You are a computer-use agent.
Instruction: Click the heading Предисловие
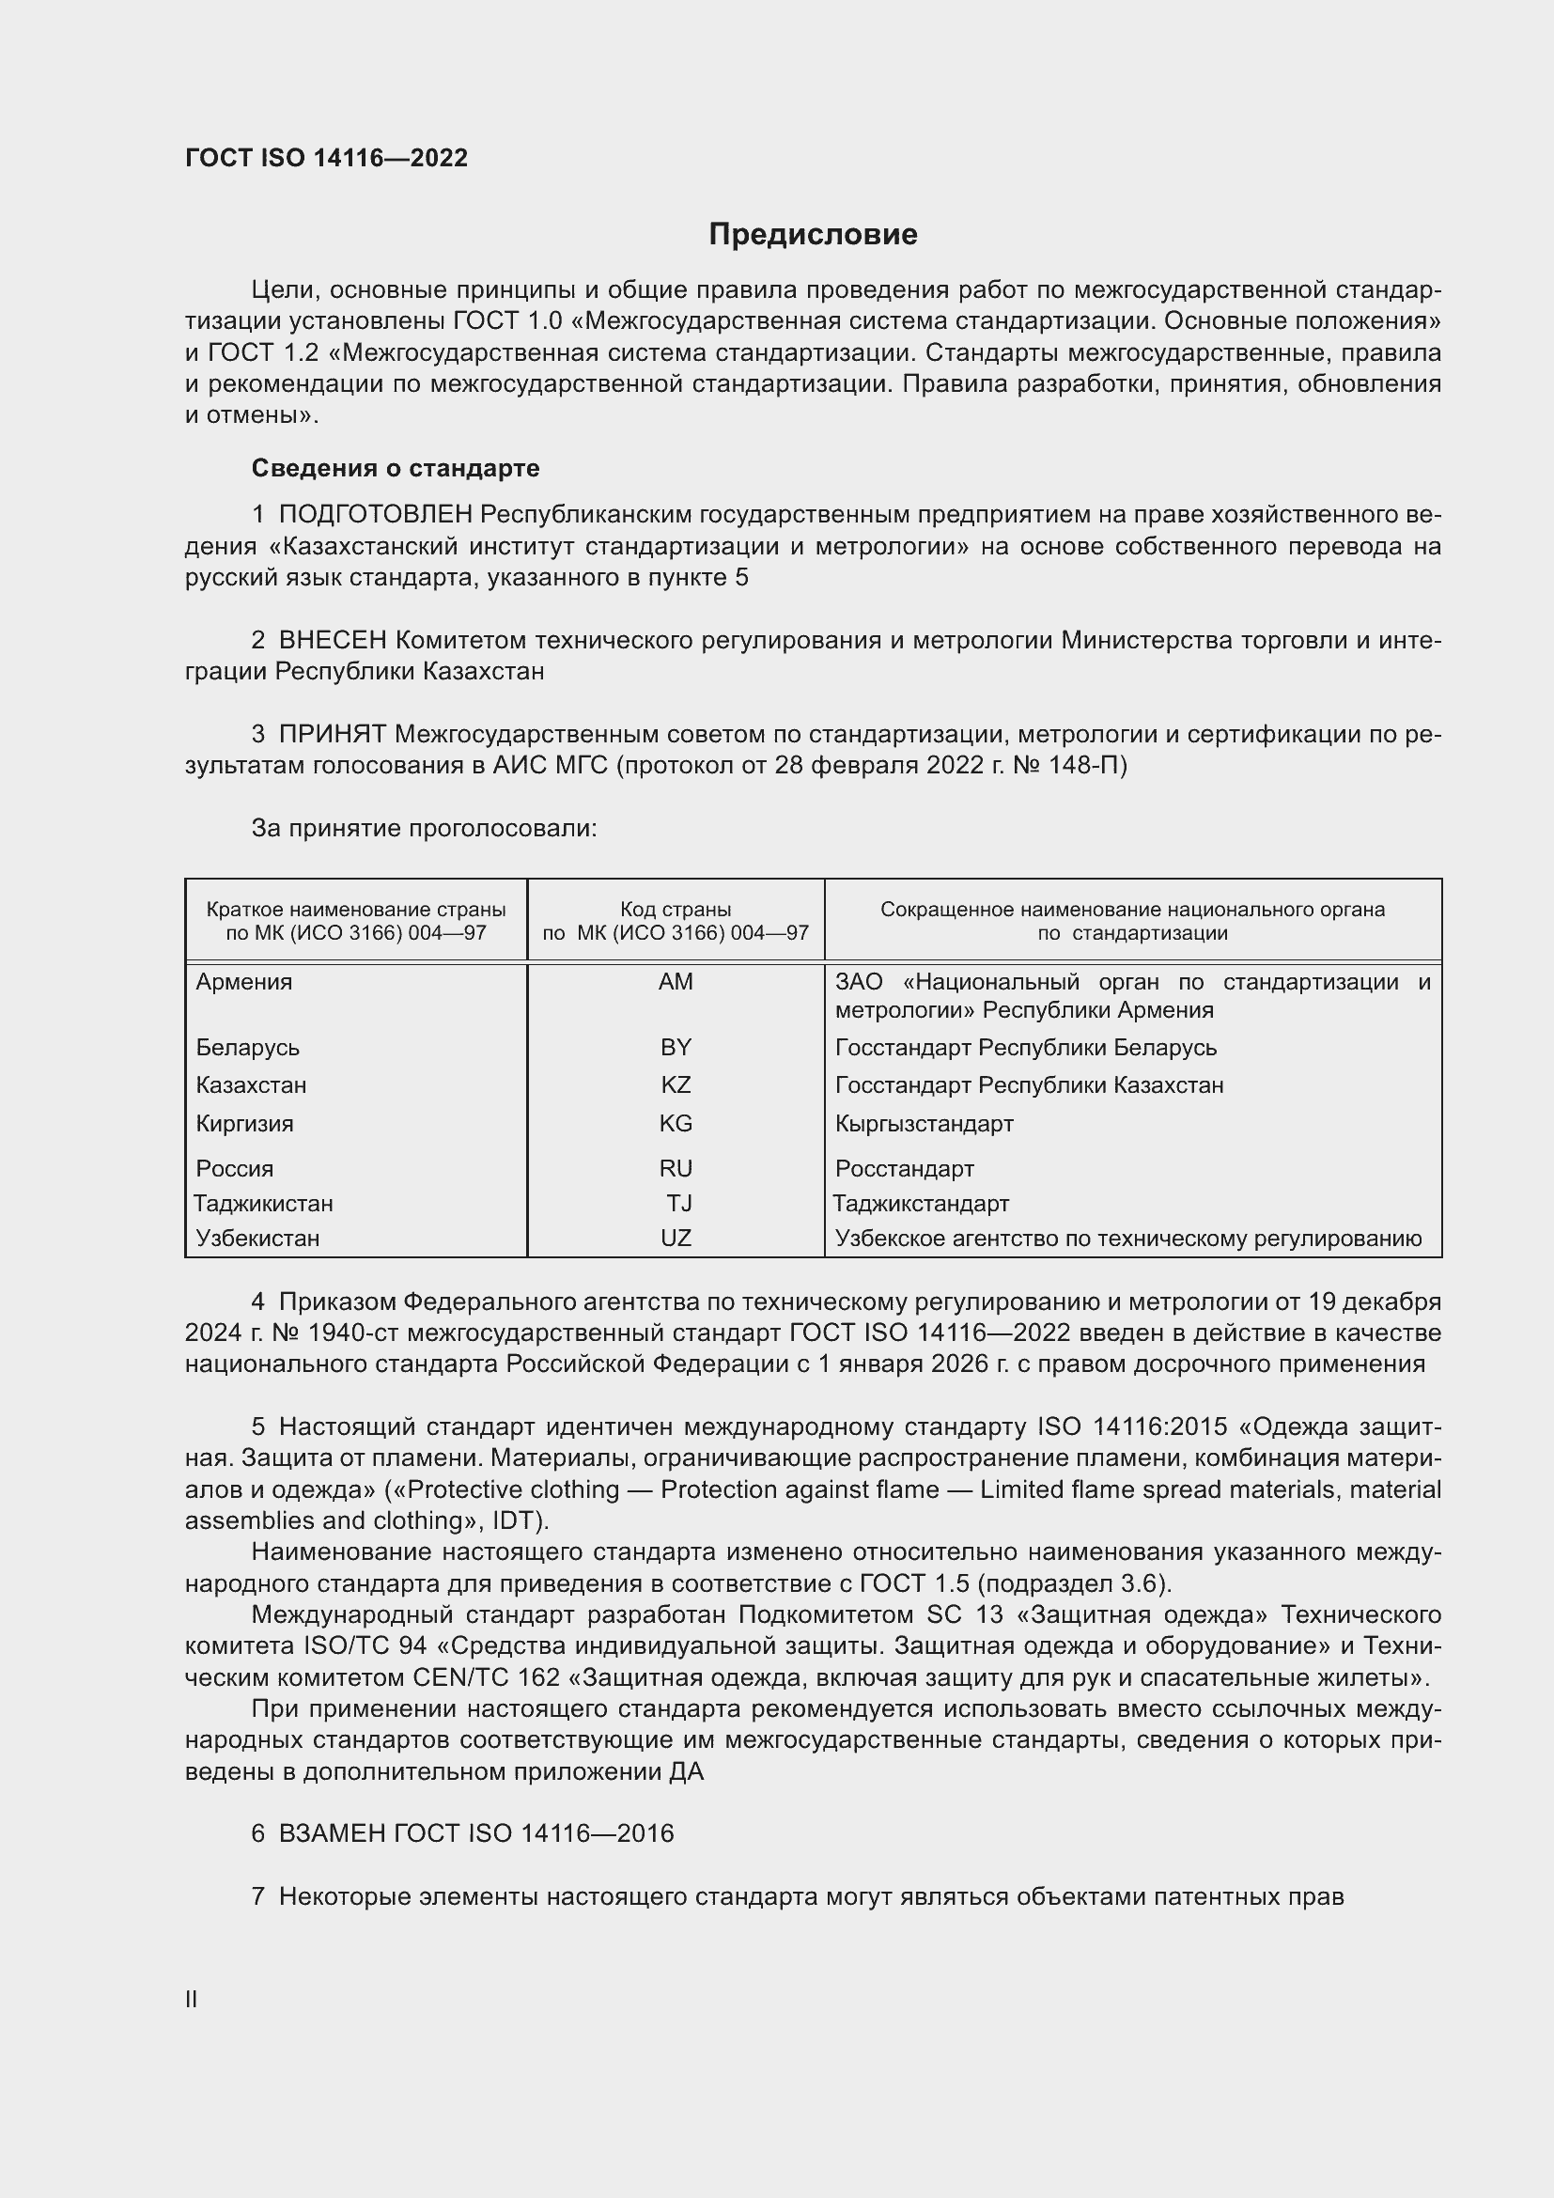[x=813, y=235]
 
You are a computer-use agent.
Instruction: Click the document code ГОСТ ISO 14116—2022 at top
[x=326, y=158]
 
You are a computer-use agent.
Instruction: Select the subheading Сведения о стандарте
[x=396, y=468]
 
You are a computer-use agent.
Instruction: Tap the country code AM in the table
[x=676, y=982]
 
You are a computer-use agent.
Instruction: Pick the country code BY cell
[x=676, y=1047]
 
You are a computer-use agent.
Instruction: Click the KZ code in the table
[x=676, y=1085]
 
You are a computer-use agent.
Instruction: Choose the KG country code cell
[x=676, y=1124]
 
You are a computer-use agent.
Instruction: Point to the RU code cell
[x=676, y=1169]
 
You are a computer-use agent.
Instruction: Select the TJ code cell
[x=679, y=1204]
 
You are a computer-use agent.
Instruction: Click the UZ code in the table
[x=676, y=1239]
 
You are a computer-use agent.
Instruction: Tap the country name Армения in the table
[x=244, y=982]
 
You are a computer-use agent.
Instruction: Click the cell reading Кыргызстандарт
[x=924, y=1124]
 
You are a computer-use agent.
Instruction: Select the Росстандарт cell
[x=904, y=1169]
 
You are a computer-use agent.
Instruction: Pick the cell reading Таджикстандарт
[x=921, y=1204]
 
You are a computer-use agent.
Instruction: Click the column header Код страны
[x=676, y=910]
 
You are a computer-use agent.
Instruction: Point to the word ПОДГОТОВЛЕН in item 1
[x=376, y=515]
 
